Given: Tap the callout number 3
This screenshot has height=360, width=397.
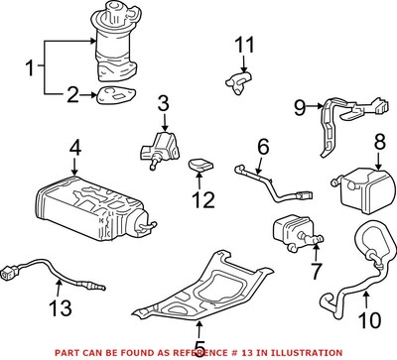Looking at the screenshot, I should point(164,102).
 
